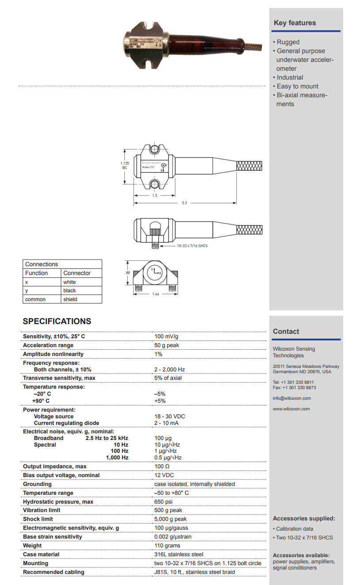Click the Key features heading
click(x=295, y=23)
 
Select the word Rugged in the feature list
click(x=288, y=42)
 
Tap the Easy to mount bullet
click(x=297, y=86)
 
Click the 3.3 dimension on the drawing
click(x=184, y=203)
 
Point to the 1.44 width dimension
click(x=155, y=294)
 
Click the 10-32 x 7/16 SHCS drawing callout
click(x=192, y=245)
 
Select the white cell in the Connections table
click(x=69, y=282)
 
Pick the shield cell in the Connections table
click(x=70, y=299)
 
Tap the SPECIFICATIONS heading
click(x=57, y=321)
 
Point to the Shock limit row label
click(x=38, y=519)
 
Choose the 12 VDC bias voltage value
click(x=164, y=475)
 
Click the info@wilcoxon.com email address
click(x=291, y=398)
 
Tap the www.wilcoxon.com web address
click(x=291, y=409)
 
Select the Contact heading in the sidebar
click(x=286, y=331)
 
